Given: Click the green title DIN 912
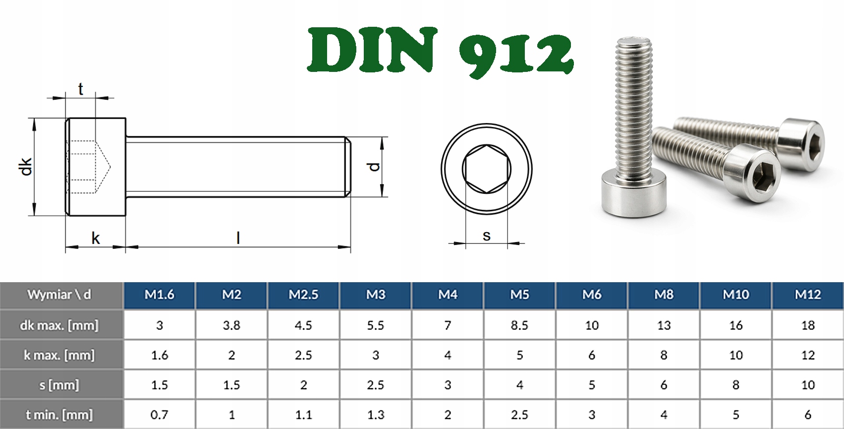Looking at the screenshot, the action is (x=441, y=52).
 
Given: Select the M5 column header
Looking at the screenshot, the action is (x=519, y=295).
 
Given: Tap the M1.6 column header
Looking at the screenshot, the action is (x=160, y=295).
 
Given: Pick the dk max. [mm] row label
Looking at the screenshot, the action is (x=59, y=325).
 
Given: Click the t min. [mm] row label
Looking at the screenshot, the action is (x=59, y=415).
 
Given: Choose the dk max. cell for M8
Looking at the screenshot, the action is (x=664, y=325).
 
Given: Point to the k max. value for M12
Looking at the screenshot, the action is (x=808, y=355).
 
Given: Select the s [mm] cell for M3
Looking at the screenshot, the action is (x=376, y=385).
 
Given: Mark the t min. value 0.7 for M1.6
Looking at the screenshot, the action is (x=160, y=415).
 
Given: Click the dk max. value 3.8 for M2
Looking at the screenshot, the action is (x=231, y=325).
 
